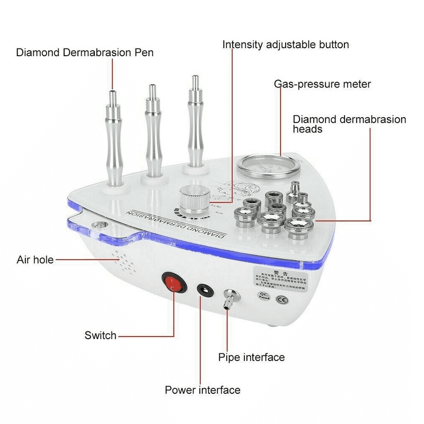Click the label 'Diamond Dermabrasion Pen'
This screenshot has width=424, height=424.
(x=85, y=52)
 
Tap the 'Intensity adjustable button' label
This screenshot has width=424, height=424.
(x=286, y=45)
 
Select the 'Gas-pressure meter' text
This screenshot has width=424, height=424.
(x=322, y=84)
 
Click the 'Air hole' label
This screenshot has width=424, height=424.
(x=34, y=260)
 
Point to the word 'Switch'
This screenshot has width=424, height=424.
(x=100, y=335)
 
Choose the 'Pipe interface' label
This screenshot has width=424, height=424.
(x=251, y=357)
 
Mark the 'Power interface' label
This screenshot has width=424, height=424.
(x=202, y=391)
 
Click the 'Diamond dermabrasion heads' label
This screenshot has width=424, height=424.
(x=349, y=124)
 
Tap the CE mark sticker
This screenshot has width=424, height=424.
(x=283, y=299)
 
